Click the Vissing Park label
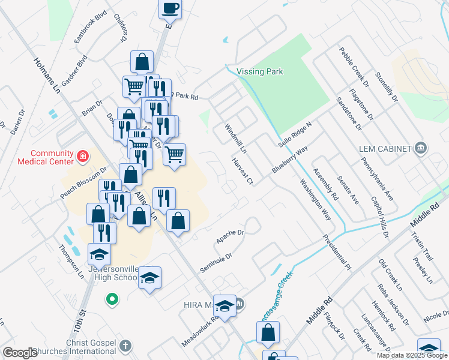(259, 72)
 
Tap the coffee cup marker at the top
(170, 8)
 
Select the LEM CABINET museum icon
(420, 148)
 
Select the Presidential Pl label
(336, 251)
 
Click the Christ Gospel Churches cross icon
(125, 345)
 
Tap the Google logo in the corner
(20, 353)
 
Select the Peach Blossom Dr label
(83, 183)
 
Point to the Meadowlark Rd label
(200, 334)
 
